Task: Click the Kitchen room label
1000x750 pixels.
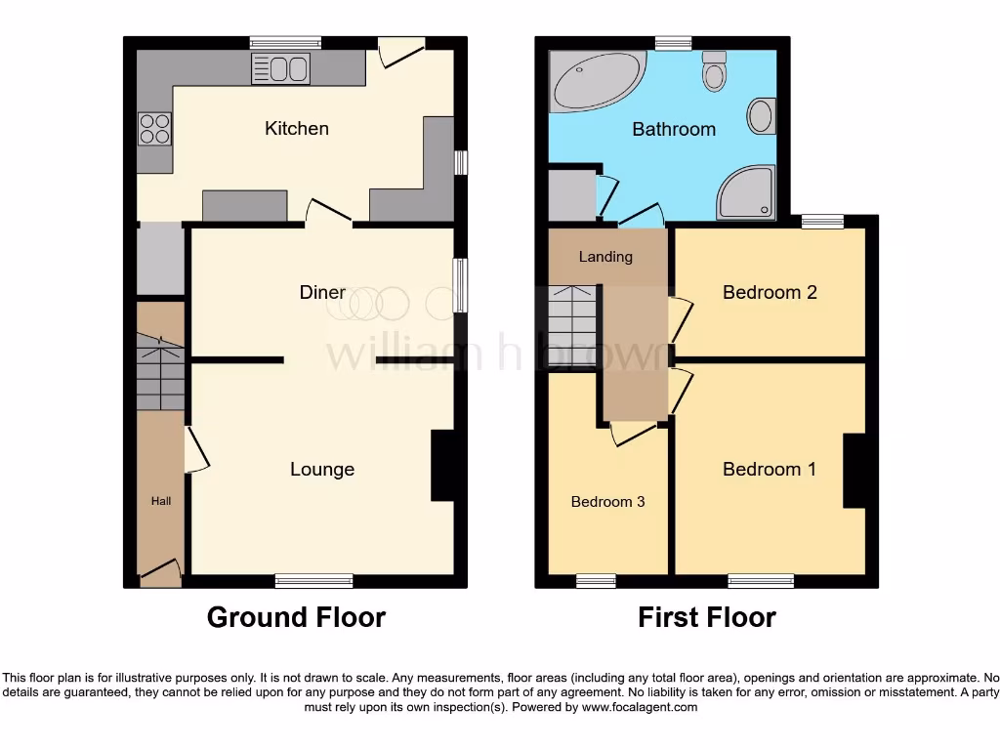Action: click(x=297, y=129)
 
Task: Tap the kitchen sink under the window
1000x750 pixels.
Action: click(x=280, y=69)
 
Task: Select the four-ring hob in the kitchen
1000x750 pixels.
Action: click(x=153, y=129)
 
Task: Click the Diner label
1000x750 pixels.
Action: click(x=322, y=293)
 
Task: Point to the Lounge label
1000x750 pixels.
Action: click(x=322, y=470)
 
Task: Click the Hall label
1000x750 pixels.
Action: click(x=160, y=501)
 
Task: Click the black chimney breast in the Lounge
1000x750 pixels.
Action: click(x=442, y=466)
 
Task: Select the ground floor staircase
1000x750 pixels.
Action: click(x=160, y=371)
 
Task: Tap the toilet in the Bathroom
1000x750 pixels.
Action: click(x=715, y=71)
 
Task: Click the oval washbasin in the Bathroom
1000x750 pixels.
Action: click(x=761, y=117)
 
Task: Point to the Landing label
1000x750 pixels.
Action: click(x=605, y=257)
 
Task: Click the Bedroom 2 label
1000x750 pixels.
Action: click(x=770, y=292)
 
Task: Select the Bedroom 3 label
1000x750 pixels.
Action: click(x=607, y=502)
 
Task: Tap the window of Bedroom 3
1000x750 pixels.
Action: click(x=596, y=581)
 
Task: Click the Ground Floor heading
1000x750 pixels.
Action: click(x=296, y=617)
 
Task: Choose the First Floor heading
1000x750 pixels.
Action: click(x=707, y=617)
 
